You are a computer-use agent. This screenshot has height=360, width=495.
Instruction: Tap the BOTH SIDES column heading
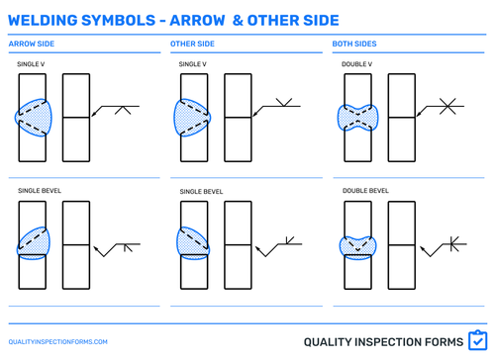coord(353,44)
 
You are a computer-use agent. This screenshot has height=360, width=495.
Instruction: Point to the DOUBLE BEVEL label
coord(364,189)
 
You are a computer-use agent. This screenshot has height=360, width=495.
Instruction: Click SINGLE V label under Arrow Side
coord(32,64)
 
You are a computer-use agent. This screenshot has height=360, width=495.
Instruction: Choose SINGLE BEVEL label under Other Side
coord(201,190)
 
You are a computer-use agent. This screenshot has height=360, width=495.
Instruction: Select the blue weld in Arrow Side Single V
coord(34,117)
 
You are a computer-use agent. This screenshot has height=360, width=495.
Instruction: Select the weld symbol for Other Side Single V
coord(284,101)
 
